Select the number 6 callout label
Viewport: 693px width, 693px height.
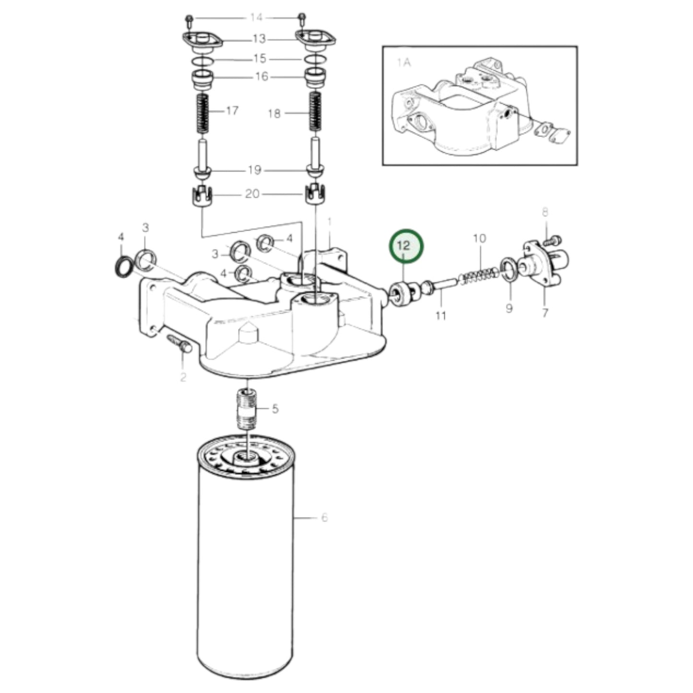[324, 517]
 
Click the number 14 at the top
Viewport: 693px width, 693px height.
[257, 18]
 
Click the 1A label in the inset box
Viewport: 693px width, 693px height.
[405, 62]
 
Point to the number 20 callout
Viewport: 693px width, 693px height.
[252, 194]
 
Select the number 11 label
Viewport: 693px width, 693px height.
[440, 315]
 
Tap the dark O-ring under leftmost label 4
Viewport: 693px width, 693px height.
[124, 266]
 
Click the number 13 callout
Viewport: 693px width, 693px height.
[259, 38]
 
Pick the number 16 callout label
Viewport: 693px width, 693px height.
[261, 77]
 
